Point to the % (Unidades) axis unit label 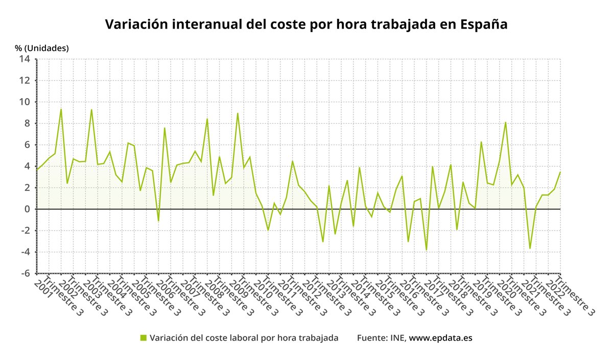click(x=42, y=48)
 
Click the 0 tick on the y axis click(x=28, y=209)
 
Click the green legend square click(x=144, y=338)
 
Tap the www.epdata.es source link click(x=441, y=338)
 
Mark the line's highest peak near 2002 click(x=61, y=109)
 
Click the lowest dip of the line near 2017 click(x=427, y=250)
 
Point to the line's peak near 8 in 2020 click(x=506, y=123)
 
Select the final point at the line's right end click(x=560, y=172)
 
